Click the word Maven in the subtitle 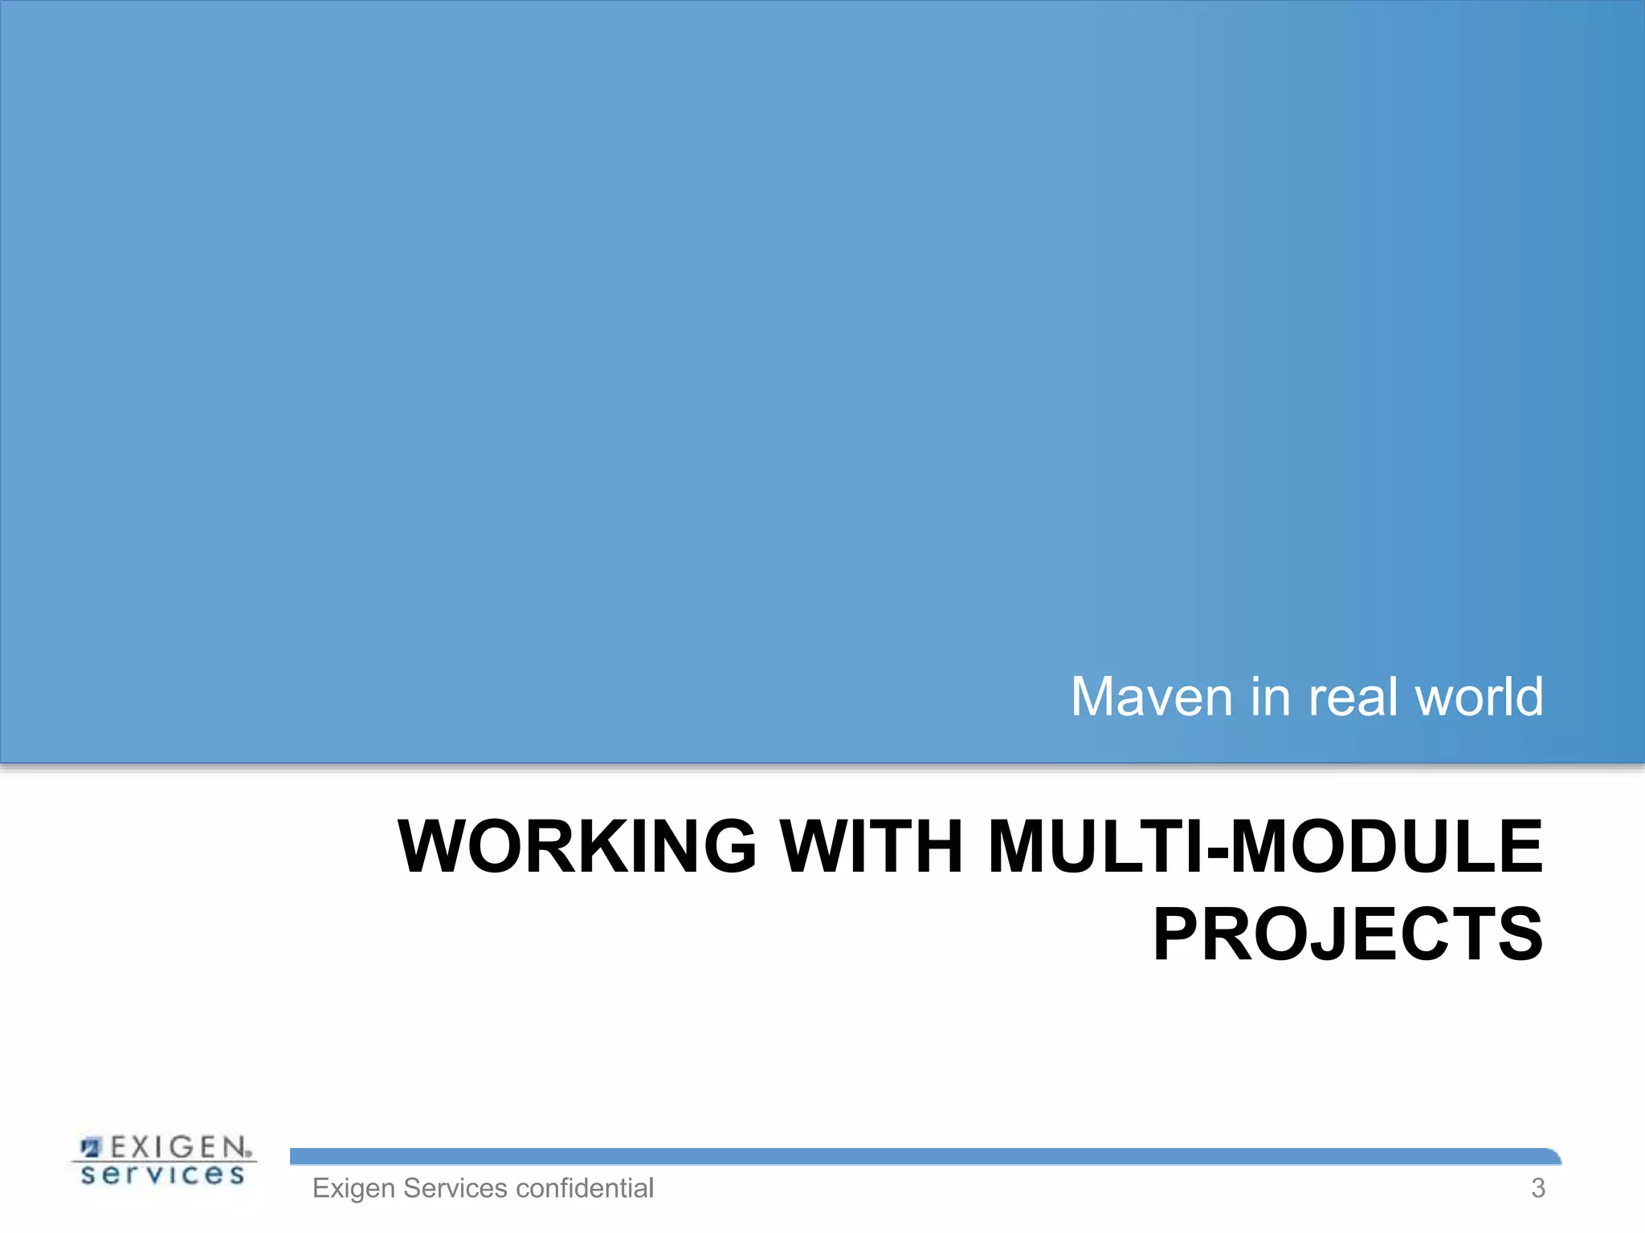point(1152,697)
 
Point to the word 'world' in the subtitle point(1479,697)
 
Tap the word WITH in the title point(872,847)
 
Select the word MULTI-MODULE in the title point(1265,847)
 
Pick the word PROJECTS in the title point(1348,934)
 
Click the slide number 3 point(1537,1188)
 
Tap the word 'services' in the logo point(163,1175)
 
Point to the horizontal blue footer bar point(924,1157)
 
